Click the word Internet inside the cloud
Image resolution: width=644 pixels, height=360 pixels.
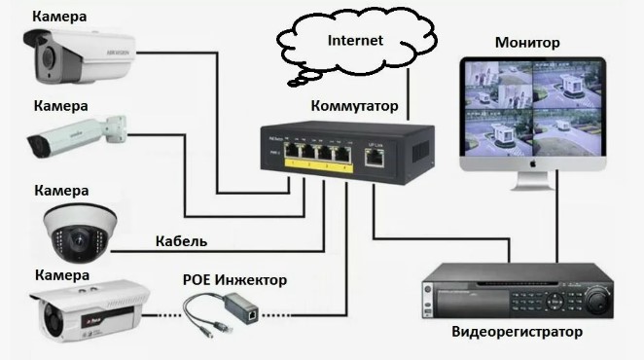point(355,40)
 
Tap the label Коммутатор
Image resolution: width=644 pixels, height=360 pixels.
point(354,106)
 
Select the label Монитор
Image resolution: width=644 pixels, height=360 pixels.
point(527,43)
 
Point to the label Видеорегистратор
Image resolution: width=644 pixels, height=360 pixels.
point(518,331)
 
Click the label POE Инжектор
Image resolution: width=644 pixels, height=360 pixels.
point(234,280)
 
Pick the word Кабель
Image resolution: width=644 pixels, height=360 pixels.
point(181,241)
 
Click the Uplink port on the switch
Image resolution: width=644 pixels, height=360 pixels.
point(375,158)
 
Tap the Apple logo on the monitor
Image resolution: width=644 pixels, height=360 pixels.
point(533,163)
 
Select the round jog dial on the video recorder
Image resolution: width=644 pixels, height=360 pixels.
point(596,298)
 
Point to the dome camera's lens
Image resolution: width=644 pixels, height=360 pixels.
point(78,241)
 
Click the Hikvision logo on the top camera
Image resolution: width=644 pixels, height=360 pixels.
point(119,53)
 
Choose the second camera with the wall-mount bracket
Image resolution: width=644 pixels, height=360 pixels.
point(77,137)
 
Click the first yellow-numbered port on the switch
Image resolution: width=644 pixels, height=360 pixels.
point(292,151)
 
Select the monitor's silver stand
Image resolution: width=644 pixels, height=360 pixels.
point(533,180)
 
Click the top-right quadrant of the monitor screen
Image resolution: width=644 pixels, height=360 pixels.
point(567,86)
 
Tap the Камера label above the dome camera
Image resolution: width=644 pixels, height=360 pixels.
point(61,191)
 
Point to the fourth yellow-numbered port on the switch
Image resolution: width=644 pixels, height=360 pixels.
point(343,154)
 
